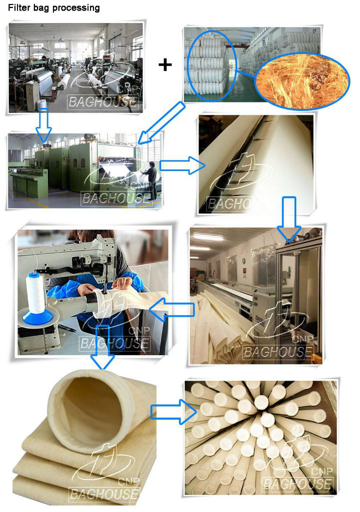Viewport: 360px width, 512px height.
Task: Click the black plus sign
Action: coord(165,64)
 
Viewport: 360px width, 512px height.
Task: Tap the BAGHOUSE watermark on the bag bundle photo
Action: coord(297,483)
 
